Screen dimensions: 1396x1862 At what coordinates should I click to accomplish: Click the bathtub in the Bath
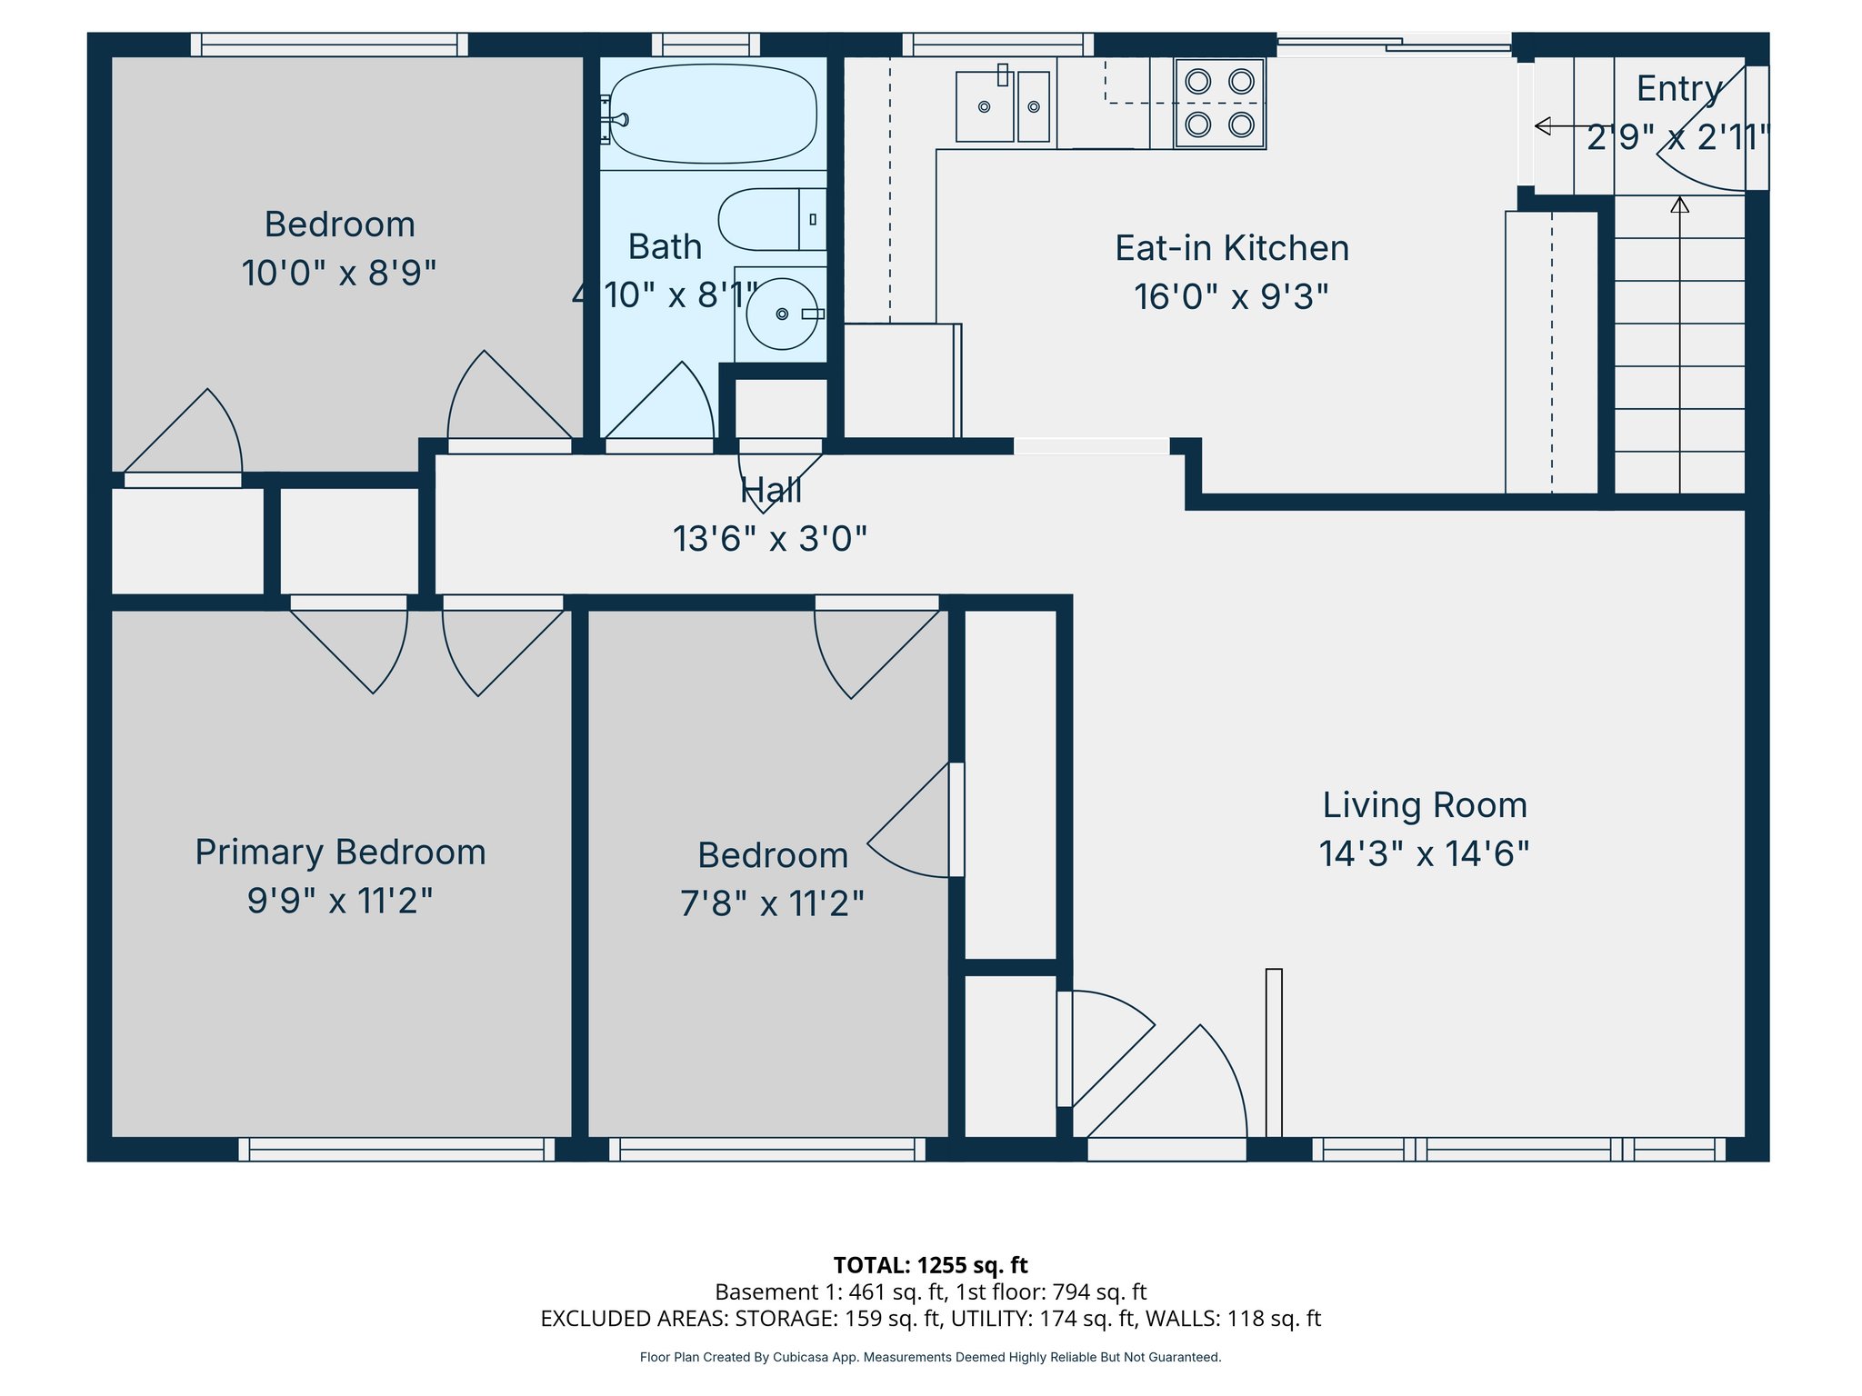712,114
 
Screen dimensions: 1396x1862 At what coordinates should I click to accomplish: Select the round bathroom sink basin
780,314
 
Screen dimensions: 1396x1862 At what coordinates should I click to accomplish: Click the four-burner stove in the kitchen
1219,103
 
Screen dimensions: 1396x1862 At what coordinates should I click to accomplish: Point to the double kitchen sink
1003,106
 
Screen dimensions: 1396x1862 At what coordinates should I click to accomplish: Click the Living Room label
1424,805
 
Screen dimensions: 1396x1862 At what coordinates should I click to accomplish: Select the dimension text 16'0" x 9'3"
1231,297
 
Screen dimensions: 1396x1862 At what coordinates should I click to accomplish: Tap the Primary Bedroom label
340,853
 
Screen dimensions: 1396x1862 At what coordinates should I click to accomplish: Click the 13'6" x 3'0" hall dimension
769,539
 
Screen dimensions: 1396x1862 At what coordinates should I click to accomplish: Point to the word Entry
1678,89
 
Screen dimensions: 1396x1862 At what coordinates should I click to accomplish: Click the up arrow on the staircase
1679,205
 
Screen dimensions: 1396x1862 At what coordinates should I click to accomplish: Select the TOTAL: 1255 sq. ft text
930,1265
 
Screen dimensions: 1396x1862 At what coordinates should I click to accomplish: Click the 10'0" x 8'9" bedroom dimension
339,273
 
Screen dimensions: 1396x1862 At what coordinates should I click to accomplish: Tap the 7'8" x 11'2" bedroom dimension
772,903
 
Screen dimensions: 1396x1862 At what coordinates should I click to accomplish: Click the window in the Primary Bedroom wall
396,1150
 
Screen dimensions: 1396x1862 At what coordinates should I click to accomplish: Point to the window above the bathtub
706,45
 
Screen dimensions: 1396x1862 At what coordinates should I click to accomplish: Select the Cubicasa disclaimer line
930,1357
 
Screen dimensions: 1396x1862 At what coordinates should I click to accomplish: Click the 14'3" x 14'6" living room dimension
1424,853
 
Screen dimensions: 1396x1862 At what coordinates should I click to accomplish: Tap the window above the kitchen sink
998,45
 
